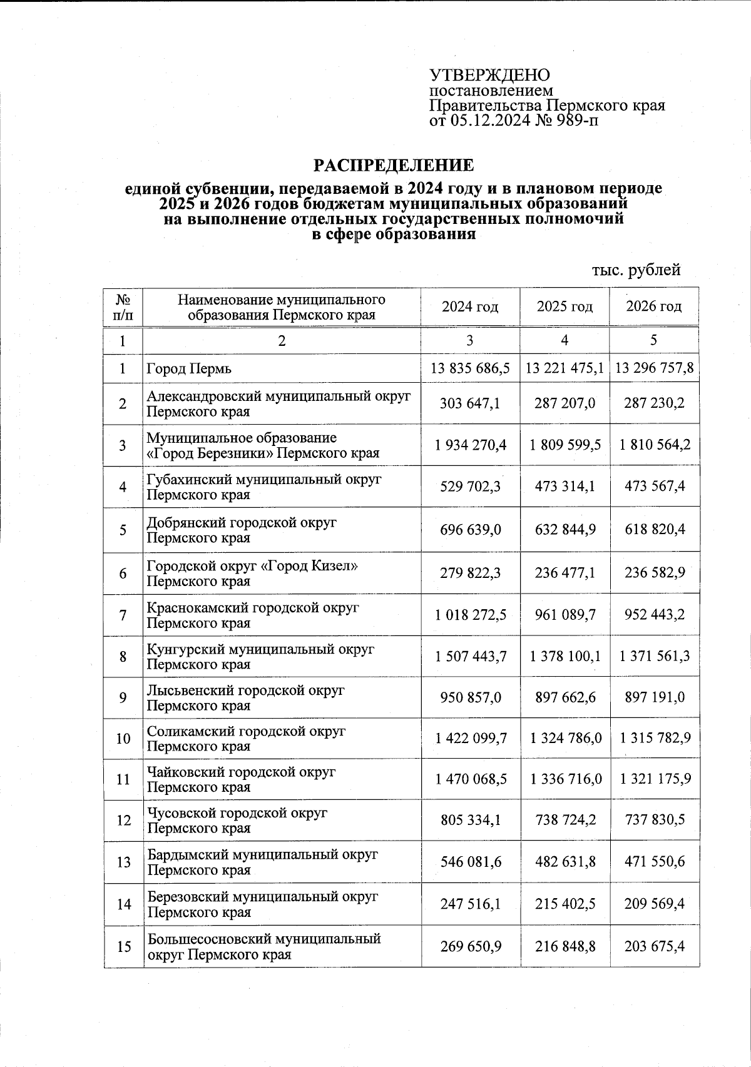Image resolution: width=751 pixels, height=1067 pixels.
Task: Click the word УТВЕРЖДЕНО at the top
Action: (489, 76)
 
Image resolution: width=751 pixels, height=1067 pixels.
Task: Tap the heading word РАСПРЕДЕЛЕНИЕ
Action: (394, 166)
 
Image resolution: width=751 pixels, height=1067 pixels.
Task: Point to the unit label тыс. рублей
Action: (636, 270)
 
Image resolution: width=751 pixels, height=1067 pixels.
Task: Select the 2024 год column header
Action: (470, 306)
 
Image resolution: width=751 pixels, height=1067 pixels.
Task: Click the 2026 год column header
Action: (653, 306)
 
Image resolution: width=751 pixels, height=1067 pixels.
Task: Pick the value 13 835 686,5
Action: (470, 368)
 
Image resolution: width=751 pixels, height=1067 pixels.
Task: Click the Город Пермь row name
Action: (189, 369)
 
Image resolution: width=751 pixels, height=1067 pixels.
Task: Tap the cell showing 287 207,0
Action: (565, 403)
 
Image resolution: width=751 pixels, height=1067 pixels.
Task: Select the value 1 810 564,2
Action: (655, 445)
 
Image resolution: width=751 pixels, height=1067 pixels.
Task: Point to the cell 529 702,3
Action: (470, 487)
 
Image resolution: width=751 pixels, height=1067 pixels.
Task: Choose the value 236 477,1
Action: (565, 573)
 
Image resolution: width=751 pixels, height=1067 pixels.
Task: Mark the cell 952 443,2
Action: (655, 615)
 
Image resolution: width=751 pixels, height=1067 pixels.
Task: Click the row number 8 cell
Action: (123, 657)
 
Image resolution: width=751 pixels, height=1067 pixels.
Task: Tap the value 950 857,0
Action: (470, 697)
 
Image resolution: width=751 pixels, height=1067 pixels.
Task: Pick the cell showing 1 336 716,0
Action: (565, 779)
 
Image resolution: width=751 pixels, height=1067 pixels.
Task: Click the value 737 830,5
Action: (655, 820)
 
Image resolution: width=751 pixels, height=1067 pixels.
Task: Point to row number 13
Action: (123, 862)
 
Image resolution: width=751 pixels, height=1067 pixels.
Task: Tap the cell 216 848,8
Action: (565, 946)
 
